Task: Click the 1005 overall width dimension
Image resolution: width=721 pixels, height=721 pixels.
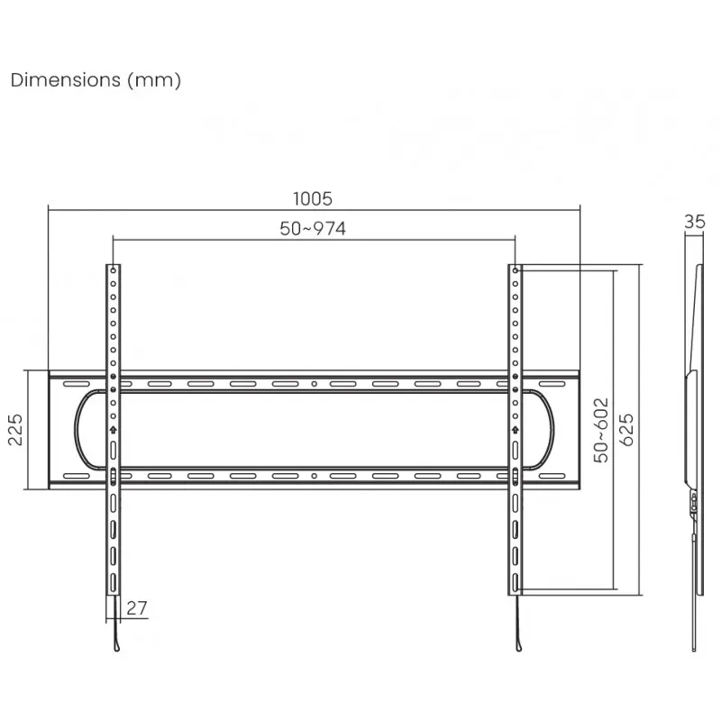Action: [313, 198]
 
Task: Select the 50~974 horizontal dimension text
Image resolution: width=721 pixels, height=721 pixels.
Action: [313, 229]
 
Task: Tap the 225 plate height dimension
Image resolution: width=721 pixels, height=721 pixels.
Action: [15, 430]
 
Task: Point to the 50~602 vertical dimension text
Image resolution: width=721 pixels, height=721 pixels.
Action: [601, 431]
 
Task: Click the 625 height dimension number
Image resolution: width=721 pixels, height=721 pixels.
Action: [626, 430]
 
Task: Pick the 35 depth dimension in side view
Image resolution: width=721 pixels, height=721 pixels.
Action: [694, 222]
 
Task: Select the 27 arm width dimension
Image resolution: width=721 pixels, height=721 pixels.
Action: [137, 608]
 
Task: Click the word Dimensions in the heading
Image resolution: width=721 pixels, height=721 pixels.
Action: [65, 80]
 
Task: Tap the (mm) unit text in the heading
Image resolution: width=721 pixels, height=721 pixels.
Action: [154, 80]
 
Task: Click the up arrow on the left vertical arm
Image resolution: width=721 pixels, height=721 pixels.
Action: [114, 430]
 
